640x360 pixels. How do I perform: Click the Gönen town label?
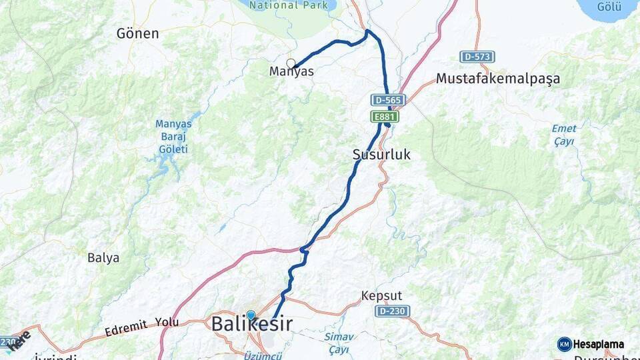click(x=137, y=33)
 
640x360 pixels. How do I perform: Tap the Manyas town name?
click(x=291, y=71)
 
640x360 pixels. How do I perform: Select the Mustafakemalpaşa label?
click(x=497, y=79)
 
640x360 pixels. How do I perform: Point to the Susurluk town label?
click(x=381, y=155)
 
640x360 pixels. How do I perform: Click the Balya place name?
click(x=103, y=257)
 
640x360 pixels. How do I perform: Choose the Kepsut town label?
click(x=382, y=295)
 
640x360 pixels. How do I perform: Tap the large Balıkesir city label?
click(x=251, y=325)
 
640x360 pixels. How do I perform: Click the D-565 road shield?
click(x=389, y=100)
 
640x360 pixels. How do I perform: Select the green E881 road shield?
click(x=385, y=117)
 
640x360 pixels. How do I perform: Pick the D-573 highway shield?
click(x=477, y=57)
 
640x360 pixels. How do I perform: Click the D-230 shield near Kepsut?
click(x=393, y=311)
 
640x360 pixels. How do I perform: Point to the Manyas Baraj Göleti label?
click(x=173, y=137)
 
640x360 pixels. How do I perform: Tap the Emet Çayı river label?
click(x=564, y=135)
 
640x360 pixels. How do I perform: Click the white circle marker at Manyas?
click(x=291, y=63)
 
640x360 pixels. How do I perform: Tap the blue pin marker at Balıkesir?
click(x=250, y=315)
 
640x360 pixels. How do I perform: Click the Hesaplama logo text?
click(x=599, y=345)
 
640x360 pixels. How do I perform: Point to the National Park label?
click(x=292, y=5)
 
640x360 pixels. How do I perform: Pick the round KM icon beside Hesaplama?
click(x=565, y=345)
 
